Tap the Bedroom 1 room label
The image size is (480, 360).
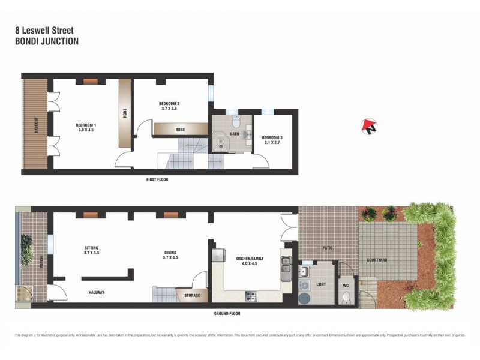point(86,124)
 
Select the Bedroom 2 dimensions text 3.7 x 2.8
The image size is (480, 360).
point(170,109)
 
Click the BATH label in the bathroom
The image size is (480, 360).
point(234,134)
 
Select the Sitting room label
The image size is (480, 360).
point(91,247)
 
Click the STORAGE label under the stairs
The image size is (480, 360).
point(192,295)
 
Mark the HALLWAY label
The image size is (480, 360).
point(96,292)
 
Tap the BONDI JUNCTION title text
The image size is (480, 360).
point(46,42)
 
